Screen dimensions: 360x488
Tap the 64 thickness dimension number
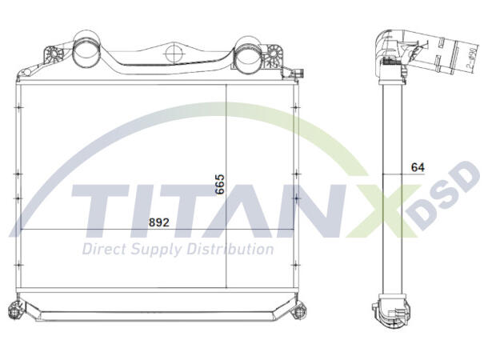[416, 167]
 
